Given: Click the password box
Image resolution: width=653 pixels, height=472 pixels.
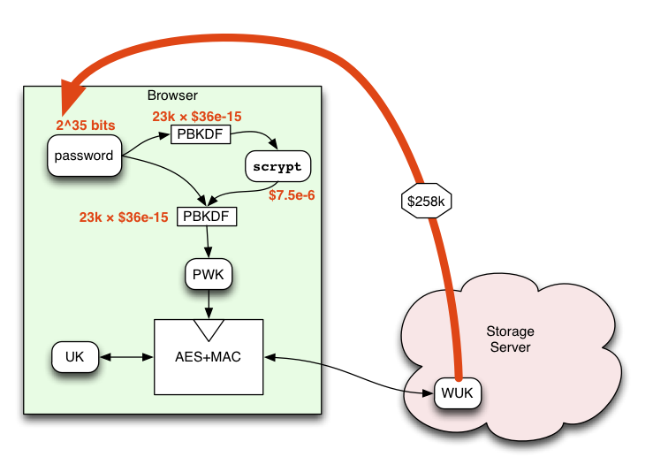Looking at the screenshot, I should pyautogui.click(x=84, y=156).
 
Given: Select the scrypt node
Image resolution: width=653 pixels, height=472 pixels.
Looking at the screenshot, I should pyautogui.click(x=277, y=166).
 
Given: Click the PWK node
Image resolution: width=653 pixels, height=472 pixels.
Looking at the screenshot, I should pyautogui.click(x=209, y=276).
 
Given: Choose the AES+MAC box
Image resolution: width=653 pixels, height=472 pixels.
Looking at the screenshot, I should pyautogui.click(x=209, y=357).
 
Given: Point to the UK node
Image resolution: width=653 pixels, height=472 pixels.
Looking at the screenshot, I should pyautogui.click(x=74, y=357).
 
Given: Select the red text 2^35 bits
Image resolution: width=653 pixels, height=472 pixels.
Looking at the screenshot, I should pyautogui.click(x=85, y=126).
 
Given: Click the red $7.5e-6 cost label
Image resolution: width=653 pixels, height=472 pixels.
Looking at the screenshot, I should pyautogui.click(x=292, y=195).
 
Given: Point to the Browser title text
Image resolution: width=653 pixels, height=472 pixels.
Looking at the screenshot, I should pyautogui.click(x=172, y=95).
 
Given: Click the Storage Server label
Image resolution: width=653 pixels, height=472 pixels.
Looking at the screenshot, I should pyautogui.click(x=510, y=339).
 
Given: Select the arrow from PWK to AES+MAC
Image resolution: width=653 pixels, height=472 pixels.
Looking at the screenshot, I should pyautogui.click(x=209, y=304).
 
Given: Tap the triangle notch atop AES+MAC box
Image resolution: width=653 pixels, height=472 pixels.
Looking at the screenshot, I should pyautogui.click(x=209, y=329).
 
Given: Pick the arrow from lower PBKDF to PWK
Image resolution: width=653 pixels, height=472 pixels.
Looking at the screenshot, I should pyautogui.click(x=208, y=243).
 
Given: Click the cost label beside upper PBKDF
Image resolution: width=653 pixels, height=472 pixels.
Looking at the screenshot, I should pyautogui.click(x=196, y=116).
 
